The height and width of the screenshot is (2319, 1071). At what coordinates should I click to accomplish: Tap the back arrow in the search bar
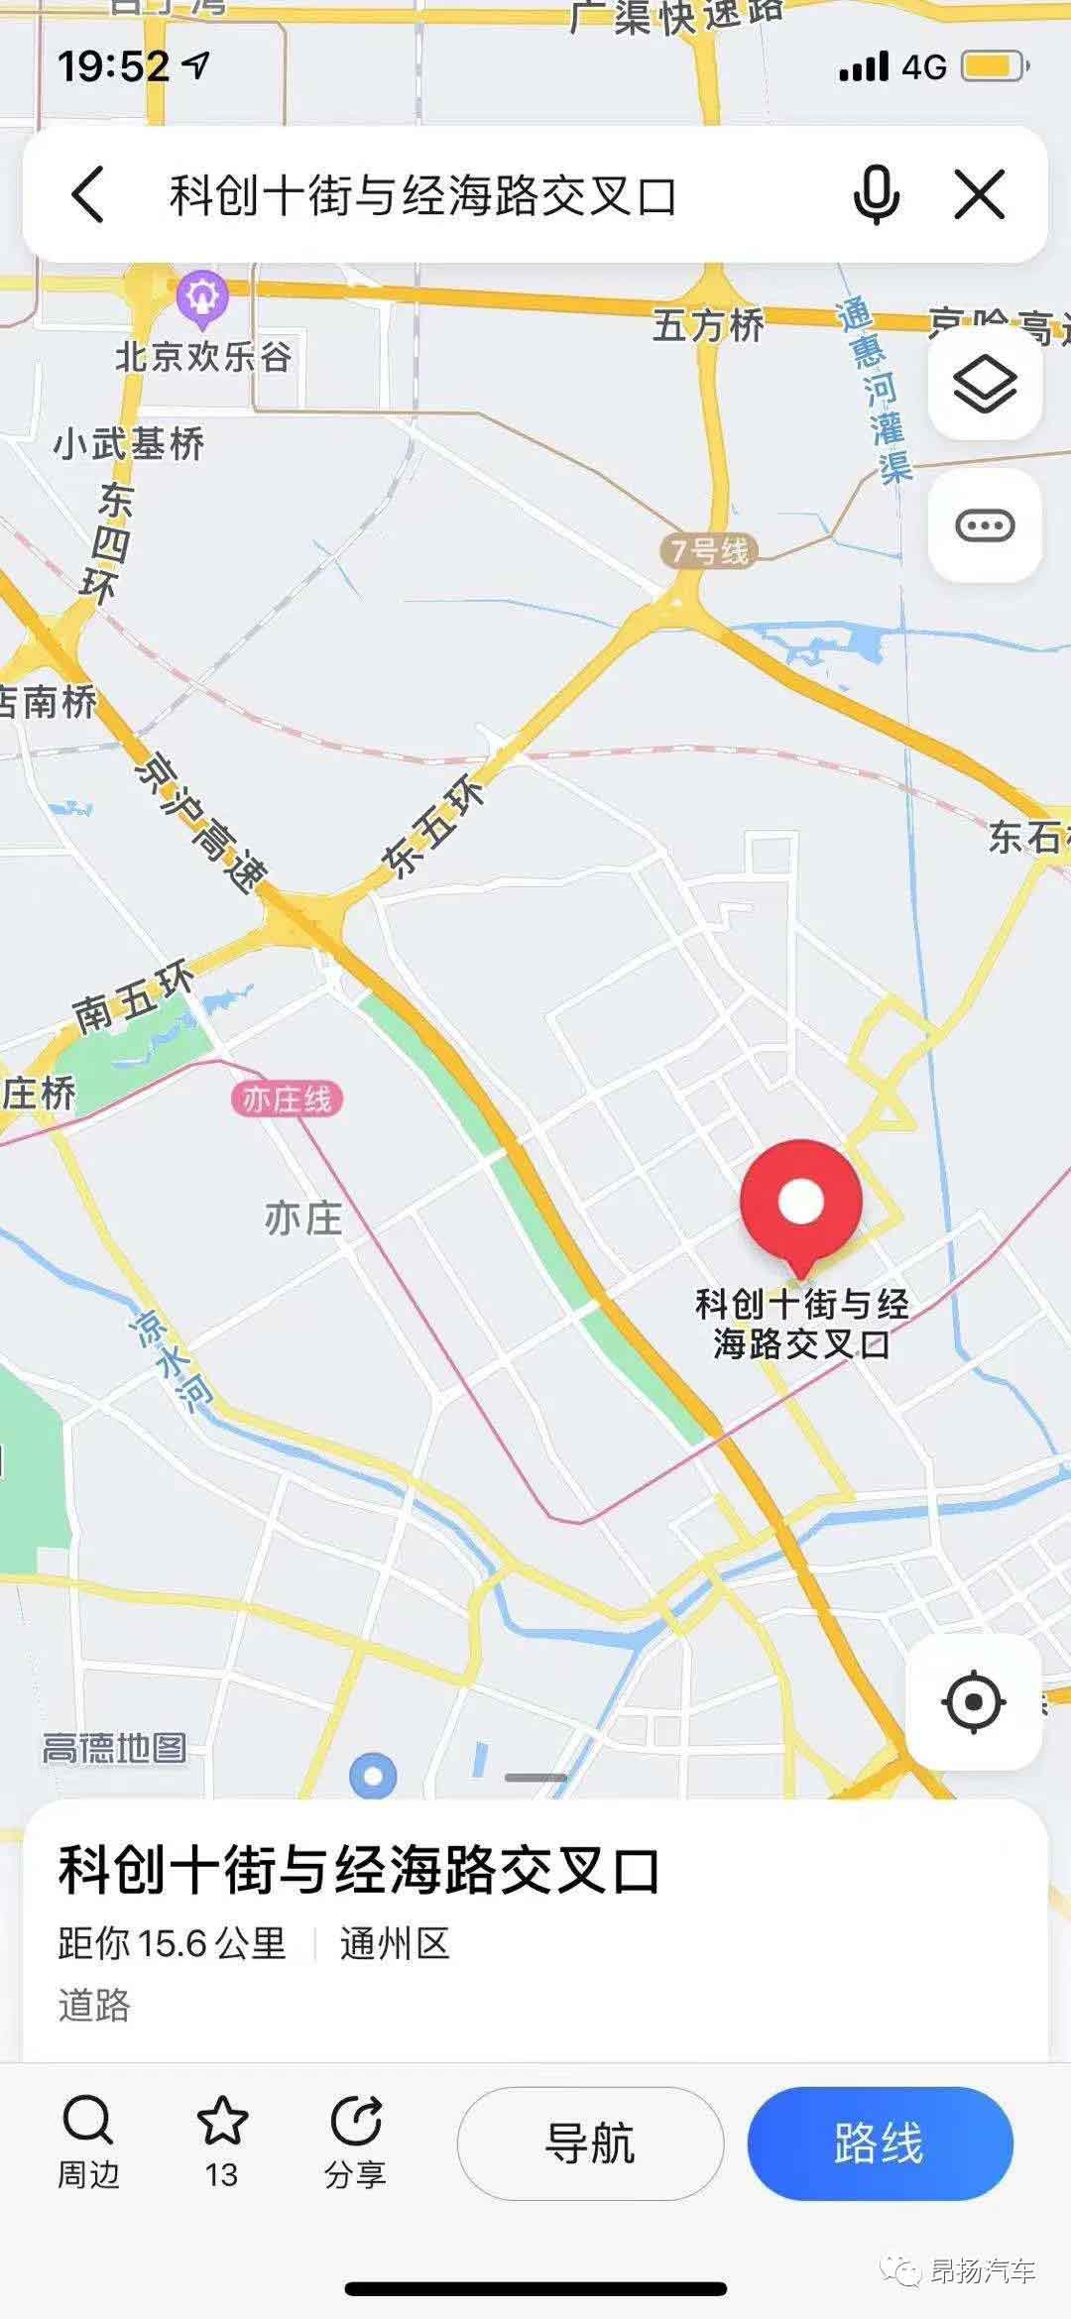(x=88, y=194)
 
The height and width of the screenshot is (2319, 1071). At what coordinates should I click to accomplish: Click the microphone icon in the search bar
(x=877, y=194)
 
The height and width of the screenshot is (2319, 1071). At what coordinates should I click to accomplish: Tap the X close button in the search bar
(x=980, y=194)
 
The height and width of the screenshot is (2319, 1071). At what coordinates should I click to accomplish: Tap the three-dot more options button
(x=985, y=525)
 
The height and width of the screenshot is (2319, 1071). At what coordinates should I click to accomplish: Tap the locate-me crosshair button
(x=973, y=1701)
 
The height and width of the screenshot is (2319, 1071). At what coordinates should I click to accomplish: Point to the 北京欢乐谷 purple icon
(x=202, y=296)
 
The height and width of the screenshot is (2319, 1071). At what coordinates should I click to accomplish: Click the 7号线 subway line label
(x=709, y=551)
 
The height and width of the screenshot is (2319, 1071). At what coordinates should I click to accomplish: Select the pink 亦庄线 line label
(x=287, y=1100)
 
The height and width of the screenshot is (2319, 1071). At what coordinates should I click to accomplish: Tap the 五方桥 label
(x=708, y=325)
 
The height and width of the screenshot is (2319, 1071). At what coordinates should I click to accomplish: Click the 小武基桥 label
(x=129, y=443)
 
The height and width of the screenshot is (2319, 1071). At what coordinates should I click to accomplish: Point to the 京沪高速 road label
(x=202, y=822)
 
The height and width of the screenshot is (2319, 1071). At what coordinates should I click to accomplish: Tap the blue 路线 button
(x=880, y=2144)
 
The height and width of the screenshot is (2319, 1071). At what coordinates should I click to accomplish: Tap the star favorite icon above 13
(x=221, y=2122)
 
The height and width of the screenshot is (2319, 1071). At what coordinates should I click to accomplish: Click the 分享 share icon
(x=355, y=2122)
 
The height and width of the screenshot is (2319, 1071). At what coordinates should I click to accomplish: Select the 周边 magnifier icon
(x=88, y=2122)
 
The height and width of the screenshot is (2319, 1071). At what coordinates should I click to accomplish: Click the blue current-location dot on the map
(x=373, y=1775)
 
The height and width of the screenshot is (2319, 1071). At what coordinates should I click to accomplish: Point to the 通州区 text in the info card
(x=395, y=1944)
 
